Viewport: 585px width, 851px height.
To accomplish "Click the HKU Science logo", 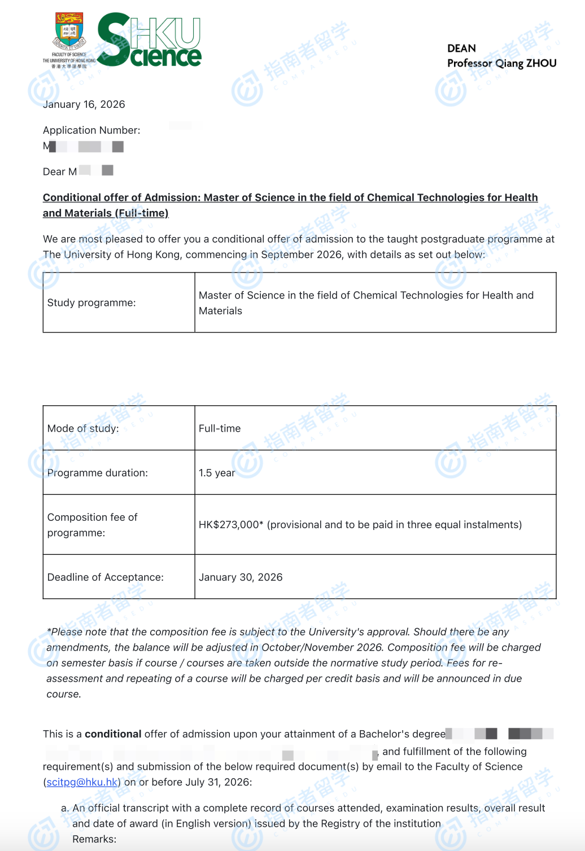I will click(150, 40).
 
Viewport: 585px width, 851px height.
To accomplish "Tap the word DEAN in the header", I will click(461, 49).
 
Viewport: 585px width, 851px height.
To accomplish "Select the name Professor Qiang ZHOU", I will click(501, 63).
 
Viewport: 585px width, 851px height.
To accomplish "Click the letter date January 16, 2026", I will click(84, 104).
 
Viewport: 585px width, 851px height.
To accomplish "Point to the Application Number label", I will click(91, 130).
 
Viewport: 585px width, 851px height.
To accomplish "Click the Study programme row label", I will click(91, 303).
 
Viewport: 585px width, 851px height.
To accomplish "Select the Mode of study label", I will click(83, 428).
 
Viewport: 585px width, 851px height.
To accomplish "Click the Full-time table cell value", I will click(220, 428).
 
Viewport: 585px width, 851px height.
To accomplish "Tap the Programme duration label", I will click(98, 473).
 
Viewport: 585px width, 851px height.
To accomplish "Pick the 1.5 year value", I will click(217, 473).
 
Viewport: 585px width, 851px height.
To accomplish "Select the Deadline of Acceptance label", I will click(106, 577).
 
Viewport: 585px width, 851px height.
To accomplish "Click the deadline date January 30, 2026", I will click(241, 577).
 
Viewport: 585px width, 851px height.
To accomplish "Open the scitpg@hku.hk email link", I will click(82, 782).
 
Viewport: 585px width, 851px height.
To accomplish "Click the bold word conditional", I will click(113, 734).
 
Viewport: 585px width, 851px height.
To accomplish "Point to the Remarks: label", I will click(94, 839).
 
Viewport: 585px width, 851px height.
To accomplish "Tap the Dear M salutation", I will click(60, 172).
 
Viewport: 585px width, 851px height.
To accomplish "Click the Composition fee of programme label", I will click(93, 525).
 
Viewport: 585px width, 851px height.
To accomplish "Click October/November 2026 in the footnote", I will click(322, 647).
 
